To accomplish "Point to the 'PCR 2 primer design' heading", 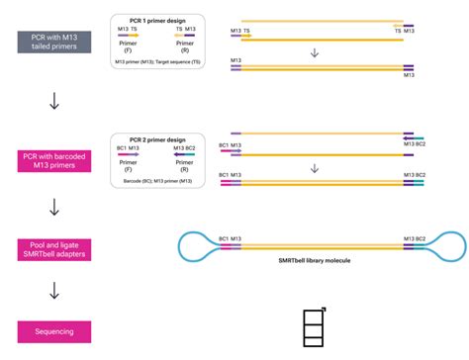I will (x=158, y=139).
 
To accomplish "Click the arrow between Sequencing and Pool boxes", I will (x=54, y=291).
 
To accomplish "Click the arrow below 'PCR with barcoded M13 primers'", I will (x=54, y=206).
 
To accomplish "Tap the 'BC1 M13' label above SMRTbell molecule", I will (x=231, y=238).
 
